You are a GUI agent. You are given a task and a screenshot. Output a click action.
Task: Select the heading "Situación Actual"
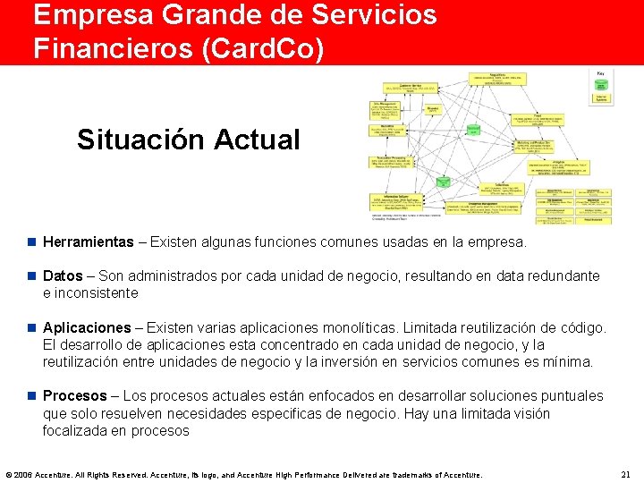coord(188,140)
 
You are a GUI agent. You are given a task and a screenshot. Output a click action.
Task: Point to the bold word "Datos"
coord(63,275)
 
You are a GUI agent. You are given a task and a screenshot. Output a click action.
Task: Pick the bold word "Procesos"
coord(77,396)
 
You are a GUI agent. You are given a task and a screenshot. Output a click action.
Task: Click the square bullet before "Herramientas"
coord(31,242)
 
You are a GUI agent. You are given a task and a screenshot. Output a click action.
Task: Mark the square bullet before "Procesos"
coord(31,396)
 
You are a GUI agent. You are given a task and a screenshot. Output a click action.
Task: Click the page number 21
coord(625,474)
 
